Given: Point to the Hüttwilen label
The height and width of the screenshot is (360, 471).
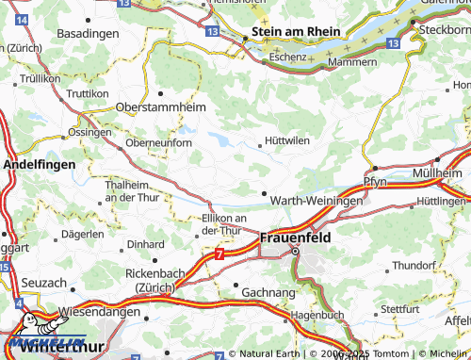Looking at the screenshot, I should tap(287, 140).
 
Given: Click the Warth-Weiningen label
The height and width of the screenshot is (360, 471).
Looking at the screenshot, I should tap(316, 202).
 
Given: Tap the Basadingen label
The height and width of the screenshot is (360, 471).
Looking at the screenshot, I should tap(88, 33).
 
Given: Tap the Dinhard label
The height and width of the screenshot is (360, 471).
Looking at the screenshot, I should tap(145, 244).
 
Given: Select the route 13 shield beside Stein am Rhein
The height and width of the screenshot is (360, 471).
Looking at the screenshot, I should tap(212, 32).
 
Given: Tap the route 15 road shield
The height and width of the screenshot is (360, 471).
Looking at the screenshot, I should tap(5, 269).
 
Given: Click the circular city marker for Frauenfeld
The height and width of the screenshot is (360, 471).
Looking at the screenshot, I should tap(294, 253).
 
